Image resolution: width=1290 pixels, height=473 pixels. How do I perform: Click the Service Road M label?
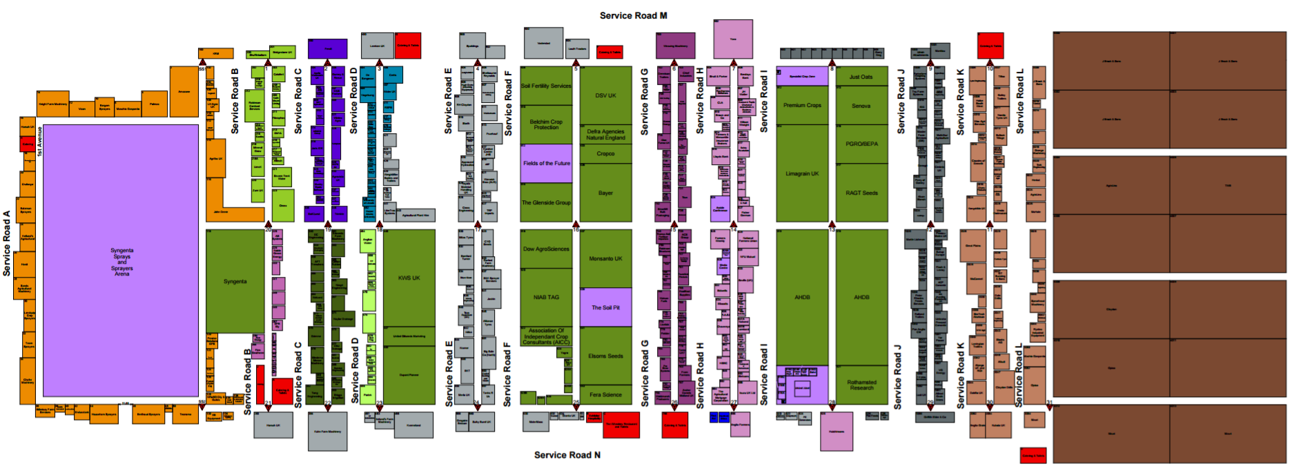633,15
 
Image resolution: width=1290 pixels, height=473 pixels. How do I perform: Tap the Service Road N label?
567,454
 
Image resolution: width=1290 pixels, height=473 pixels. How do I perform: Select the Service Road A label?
7,244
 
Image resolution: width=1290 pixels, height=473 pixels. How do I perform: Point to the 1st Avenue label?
39,141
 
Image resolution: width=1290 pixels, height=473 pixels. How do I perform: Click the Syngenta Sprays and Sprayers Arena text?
121,262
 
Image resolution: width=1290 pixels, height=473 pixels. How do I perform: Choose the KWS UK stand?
409,278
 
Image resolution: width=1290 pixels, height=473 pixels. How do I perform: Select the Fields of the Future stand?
546,164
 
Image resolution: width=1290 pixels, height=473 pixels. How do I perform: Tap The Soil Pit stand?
605,307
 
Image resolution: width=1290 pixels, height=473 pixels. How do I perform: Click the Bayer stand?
605,193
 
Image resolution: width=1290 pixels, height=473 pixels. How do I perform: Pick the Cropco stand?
605,154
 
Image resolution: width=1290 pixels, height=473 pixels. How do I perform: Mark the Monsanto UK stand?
605,258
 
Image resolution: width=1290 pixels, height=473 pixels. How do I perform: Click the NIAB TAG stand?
546,297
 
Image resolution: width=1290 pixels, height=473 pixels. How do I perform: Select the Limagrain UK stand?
802,173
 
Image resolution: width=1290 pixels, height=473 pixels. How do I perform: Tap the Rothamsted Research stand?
861,385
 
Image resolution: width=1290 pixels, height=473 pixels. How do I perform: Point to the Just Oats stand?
861,77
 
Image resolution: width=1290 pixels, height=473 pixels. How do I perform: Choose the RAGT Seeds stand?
861,193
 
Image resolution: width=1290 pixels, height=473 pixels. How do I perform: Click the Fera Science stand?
605,394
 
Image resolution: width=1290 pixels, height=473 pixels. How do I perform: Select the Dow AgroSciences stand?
546,249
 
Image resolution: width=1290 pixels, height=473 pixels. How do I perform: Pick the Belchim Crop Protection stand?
546,124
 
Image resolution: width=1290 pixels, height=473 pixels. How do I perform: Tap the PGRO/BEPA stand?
861,144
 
